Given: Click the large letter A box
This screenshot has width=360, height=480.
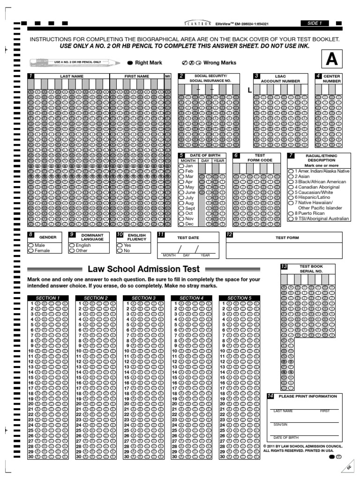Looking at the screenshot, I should pyautogui.click(x=332, y=60).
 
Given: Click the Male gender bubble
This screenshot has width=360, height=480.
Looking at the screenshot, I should pyautogui.click(x=31, y=245).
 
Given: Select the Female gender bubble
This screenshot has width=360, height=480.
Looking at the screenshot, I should pyautogui.click(x=31, y=251).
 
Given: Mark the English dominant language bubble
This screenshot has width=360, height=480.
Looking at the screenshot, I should pyautogui.click(x=72, y=245).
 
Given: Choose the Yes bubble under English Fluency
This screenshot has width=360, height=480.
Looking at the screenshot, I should pyautogui.click(x=120, y=245).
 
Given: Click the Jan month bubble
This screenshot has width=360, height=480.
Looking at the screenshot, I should pyautogui.click(x=181, y=166).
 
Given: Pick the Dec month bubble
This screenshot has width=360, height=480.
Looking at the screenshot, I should pyautogui.click(x=181, y=225).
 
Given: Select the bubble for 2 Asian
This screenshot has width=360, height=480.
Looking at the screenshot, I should pyautogui.click(x=291, y=177).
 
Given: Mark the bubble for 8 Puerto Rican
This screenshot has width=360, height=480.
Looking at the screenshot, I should pyautogui.click(x=291, y=213).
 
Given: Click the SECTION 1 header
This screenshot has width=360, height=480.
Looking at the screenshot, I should pyautogui.click(x=48, y=298).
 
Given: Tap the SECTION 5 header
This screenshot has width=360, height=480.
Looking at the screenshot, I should pyautogui.click(x=239, y=298).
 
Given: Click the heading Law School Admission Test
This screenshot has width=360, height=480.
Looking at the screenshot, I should pyautogui.click(x=144, y=269).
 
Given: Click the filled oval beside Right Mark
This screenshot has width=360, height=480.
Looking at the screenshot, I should pyautogui.click(x=129, y=63).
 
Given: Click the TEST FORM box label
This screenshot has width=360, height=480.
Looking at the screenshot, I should pyautogui.click(x=287, y=238).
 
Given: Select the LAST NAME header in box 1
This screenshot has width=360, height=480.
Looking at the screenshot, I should pyautogui.click(x=71, y=76).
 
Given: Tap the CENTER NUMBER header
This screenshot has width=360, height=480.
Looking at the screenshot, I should pyautogui.click(x=332, y=78).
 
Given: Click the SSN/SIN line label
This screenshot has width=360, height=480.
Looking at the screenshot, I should pyautogui.click(x=280, y=425).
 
